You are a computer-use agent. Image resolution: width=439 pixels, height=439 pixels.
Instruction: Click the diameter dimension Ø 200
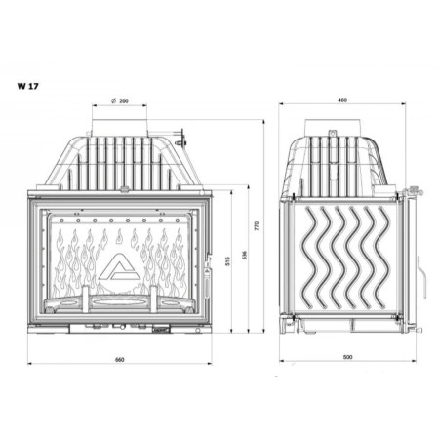[x=120, y=100]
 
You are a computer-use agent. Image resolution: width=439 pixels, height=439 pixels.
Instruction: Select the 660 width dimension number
[x=119, y=360]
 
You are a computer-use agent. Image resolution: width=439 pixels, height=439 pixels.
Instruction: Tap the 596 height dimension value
[x=244, y=256]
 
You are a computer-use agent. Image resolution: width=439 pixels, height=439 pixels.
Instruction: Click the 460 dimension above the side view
[x=342, y=100]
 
